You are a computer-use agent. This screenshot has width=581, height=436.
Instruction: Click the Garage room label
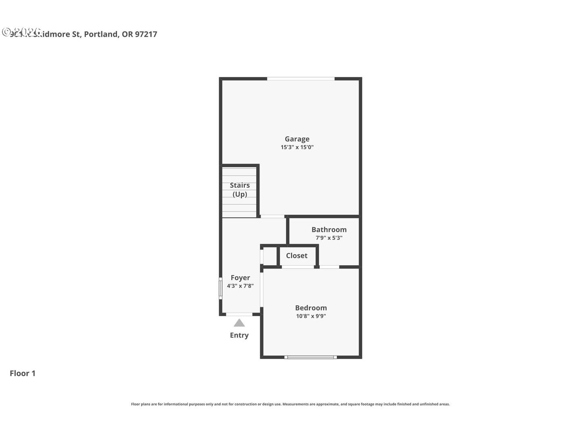[x=297, y=139]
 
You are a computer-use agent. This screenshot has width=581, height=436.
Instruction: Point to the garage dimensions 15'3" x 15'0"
[x=297, y=147]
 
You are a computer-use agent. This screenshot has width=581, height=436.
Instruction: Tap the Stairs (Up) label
[x=240, y=190]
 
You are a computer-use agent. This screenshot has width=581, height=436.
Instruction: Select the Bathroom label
[x=329, y=229]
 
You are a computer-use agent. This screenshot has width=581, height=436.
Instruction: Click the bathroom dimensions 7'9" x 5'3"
[x=329, y=238]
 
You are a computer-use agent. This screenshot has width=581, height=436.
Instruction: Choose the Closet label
[x=297, y=256]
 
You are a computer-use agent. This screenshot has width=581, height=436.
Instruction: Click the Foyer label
[x=240, y=277]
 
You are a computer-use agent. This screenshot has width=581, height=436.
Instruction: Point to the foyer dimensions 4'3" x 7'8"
[x=240, y=286]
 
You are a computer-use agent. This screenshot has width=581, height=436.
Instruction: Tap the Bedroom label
[x=311, y=308]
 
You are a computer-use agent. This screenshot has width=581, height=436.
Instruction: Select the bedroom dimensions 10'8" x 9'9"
[x=311, y=316]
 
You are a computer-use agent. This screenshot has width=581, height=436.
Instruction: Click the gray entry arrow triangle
[x=239, y=323]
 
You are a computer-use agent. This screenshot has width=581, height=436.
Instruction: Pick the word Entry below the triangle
[x=239, y=335]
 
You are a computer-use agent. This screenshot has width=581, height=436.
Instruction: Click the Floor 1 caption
[x=23, y=373]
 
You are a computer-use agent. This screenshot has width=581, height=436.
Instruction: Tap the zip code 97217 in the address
[x=146, y=34]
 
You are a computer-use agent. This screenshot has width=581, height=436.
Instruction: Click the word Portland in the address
[x=101, y=34]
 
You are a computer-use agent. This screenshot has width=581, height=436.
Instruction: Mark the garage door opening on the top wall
[x=301, y=78]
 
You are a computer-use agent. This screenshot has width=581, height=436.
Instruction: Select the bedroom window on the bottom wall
[x=310, y=357]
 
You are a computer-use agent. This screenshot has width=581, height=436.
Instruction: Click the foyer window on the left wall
[x=220, y=288]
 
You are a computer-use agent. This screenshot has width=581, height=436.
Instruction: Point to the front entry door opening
[x=239, y=314]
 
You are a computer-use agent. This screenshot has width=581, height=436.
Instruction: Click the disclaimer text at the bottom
[x=290, y=404]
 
